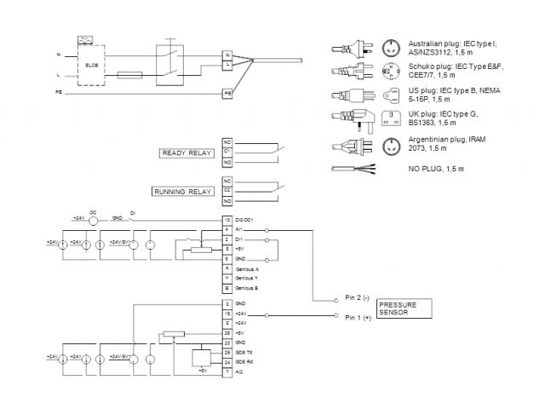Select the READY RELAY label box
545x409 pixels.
coord(187,153)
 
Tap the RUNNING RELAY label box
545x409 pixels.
coord(183,192)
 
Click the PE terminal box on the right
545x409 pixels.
coord(227,92)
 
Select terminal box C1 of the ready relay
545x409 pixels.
coord(227,151)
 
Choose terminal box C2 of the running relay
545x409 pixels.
coord(227,191)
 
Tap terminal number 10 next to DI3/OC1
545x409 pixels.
coord(227,220)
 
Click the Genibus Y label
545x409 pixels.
coord(249,278)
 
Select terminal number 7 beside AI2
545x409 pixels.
coord(227,372)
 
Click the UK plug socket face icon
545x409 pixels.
coord(393,118)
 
